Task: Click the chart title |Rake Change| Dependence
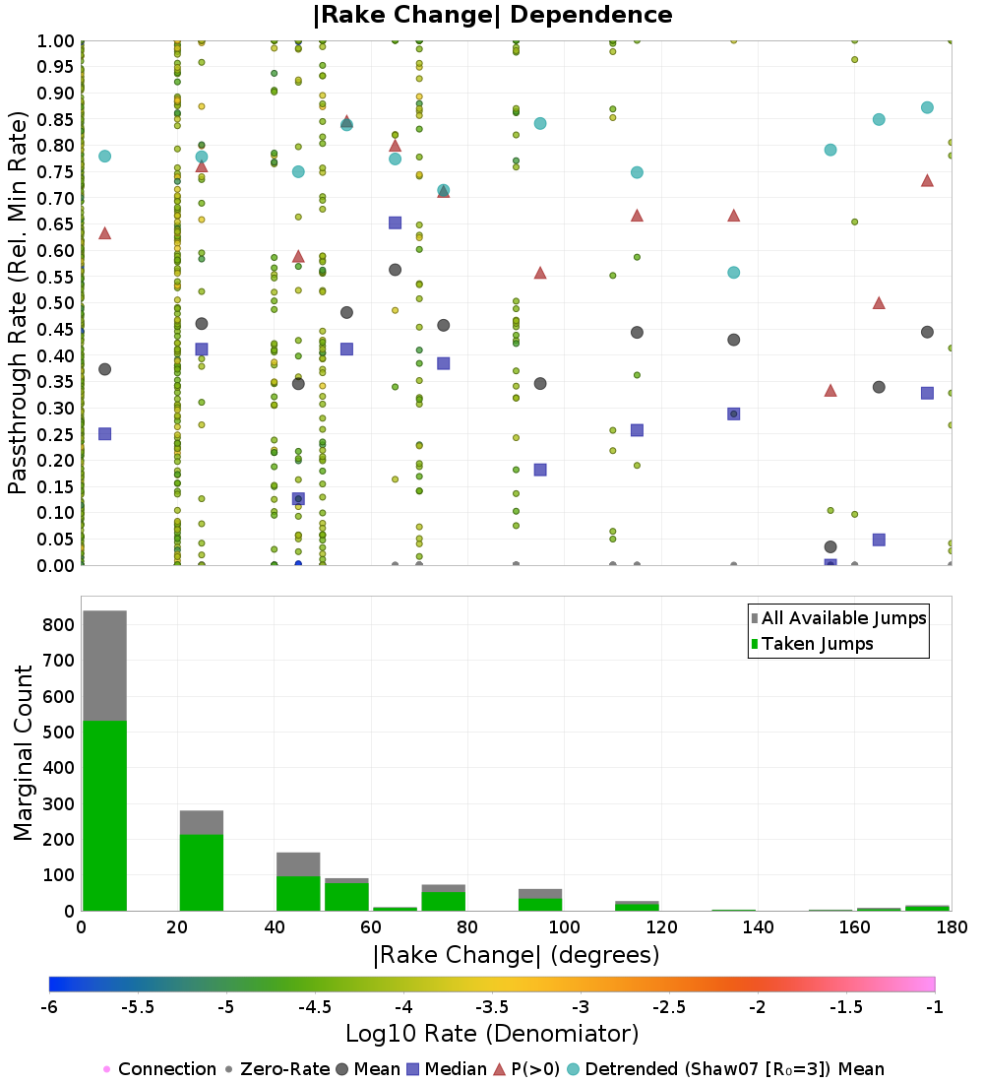pyautogui.click(x=492, y=15)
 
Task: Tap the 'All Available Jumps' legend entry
pyautogui.click(x=838, y=618)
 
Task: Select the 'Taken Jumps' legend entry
pyautogui.click(x=812, y=644)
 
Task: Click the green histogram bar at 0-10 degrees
pyautogui.click(x=105, y=816)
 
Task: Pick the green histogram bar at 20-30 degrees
pyautogui.click(x=202, y=872)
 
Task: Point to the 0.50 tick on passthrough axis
pyautogui.click(x=55, y=303)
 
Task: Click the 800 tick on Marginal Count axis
pyautogui.click(x=59, y=625)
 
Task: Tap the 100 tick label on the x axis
pyautogui.click(x=565, y=926)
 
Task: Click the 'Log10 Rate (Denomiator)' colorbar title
pyautogui.click(x=492, y=1034)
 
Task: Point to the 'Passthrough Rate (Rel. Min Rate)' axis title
pyautogui.click(x=18, y=302)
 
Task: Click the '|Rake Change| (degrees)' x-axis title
pyautogui.click(x=517, y=955)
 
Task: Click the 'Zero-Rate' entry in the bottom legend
pyautogui.click(x=277, y=1069)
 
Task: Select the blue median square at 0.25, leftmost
pyautogui.click(x=105, y=434)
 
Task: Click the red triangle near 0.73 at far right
pyautogui.click(x=927, y=180)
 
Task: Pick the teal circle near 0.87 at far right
pyautogui.click(x=927, y=107)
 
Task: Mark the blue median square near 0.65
pyautogui.click(x=395, y=223)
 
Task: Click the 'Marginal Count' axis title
pyautogui.click(x=23, y=753)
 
